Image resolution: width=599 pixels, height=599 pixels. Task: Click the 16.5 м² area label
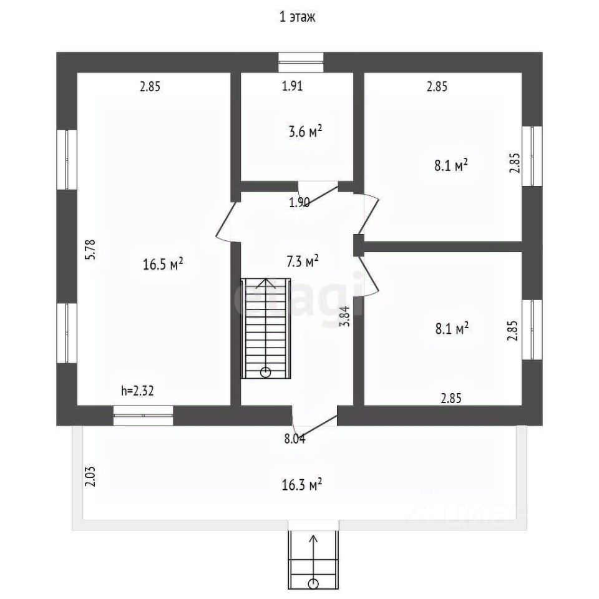(163, 265)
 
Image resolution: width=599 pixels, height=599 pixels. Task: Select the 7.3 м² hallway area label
(303, 261)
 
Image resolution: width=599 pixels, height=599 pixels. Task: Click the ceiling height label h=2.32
(137, 391)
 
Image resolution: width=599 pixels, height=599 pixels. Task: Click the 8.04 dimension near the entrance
(295, 439)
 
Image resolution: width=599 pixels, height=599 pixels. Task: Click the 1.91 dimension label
(292, 87)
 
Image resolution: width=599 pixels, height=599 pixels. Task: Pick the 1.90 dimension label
(299, 202)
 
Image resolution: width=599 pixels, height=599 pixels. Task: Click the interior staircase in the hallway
(266, 328)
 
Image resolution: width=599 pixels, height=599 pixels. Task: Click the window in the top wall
(301, 62)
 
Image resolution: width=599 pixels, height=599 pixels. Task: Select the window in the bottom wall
(144, 416)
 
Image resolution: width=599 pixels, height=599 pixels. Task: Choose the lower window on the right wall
(532, 329)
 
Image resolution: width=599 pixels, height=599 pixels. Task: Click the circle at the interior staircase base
(266, 373)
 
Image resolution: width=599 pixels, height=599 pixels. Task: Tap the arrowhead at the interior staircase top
(266, 281)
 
